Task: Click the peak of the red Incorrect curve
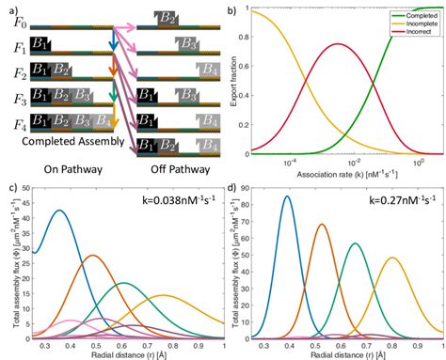pyautogui.click(x=336, y=44)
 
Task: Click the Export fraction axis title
pyautogui.click(x=236, y=81)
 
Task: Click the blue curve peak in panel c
pyautogui.click(x=59, y=211)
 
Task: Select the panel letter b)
pyautogui.click(x=231, y=7)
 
